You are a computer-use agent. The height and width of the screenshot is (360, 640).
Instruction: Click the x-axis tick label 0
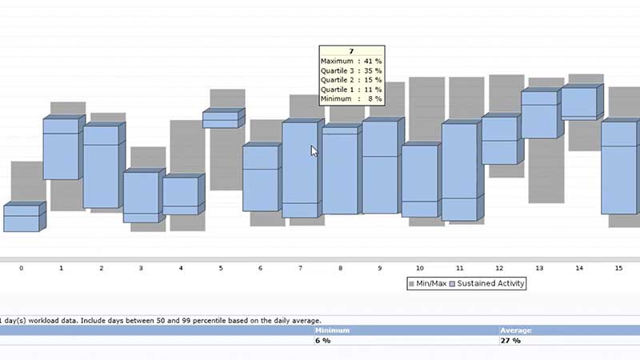21,268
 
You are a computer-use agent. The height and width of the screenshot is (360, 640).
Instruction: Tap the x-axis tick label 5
221,268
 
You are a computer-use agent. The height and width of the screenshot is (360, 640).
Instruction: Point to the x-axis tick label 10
420,268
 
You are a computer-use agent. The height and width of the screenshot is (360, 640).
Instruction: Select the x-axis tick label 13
539,268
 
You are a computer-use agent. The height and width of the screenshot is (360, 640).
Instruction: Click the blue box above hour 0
22,218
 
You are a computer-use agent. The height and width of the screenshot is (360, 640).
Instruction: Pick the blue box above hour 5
221,119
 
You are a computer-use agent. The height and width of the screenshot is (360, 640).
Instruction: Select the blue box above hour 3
142,197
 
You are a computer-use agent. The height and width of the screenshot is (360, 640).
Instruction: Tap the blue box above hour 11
460,171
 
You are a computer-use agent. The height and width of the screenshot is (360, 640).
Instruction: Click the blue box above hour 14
579,103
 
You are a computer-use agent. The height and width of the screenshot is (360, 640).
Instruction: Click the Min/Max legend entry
426,283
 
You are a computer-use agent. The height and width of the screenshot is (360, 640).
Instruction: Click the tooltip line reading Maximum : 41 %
351,62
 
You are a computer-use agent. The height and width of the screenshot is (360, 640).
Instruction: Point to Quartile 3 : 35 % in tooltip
351,71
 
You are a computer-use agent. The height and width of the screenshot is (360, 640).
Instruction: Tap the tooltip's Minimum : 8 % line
351,98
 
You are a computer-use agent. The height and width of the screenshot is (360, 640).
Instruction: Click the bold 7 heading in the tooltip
351,52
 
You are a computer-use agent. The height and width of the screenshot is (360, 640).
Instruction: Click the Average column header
516,330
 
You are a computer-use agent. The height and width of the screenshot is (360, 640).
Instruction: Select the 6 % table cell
323,340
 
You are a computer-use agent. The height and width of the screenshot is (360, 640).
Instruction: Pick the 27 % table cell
510,340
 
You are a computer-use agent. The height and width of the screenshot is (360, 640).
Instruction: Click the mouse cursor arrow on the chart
314,150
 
